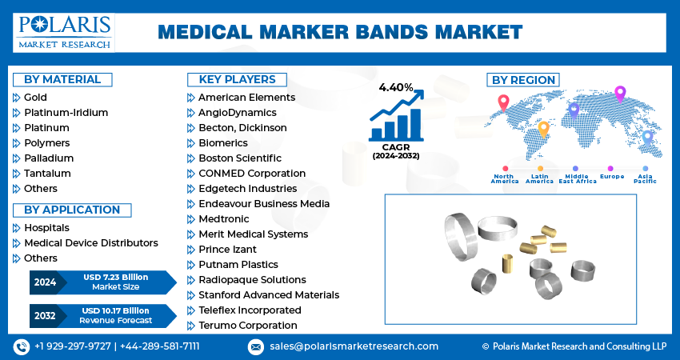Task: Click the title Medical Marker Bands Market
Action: click(x=340, y=32)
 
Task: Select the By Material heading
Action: click(x=62, y=79)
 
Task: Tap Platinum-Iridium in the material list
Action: click(x=66, y=113)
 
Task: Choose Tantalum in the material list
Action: click(x=47, y=174)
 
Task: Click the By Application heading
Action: click(x=72, y=210)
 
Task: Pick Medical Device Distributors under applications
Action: click(x=90, y=243)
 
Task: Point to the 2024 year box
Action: click(x=44, y=282)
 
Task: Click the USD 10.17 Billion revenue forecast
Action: click(x=116, y=315)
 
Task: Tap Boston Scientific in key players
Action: click(x=239, y=158)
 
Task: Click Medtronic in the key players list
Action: click(x=224, y=219)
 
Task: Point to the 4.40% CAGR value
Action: click(x=396, y=87)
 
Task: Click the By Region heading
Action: click(x=523, y=80)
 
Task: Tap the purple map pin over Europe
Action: click(x=619, y=94)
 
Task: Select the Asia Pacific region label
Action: click(x=645, y=178)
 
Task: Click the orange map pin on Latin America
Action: click(x=543, y=128)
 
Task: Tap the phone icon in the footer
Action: click(x=22, y=346)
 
